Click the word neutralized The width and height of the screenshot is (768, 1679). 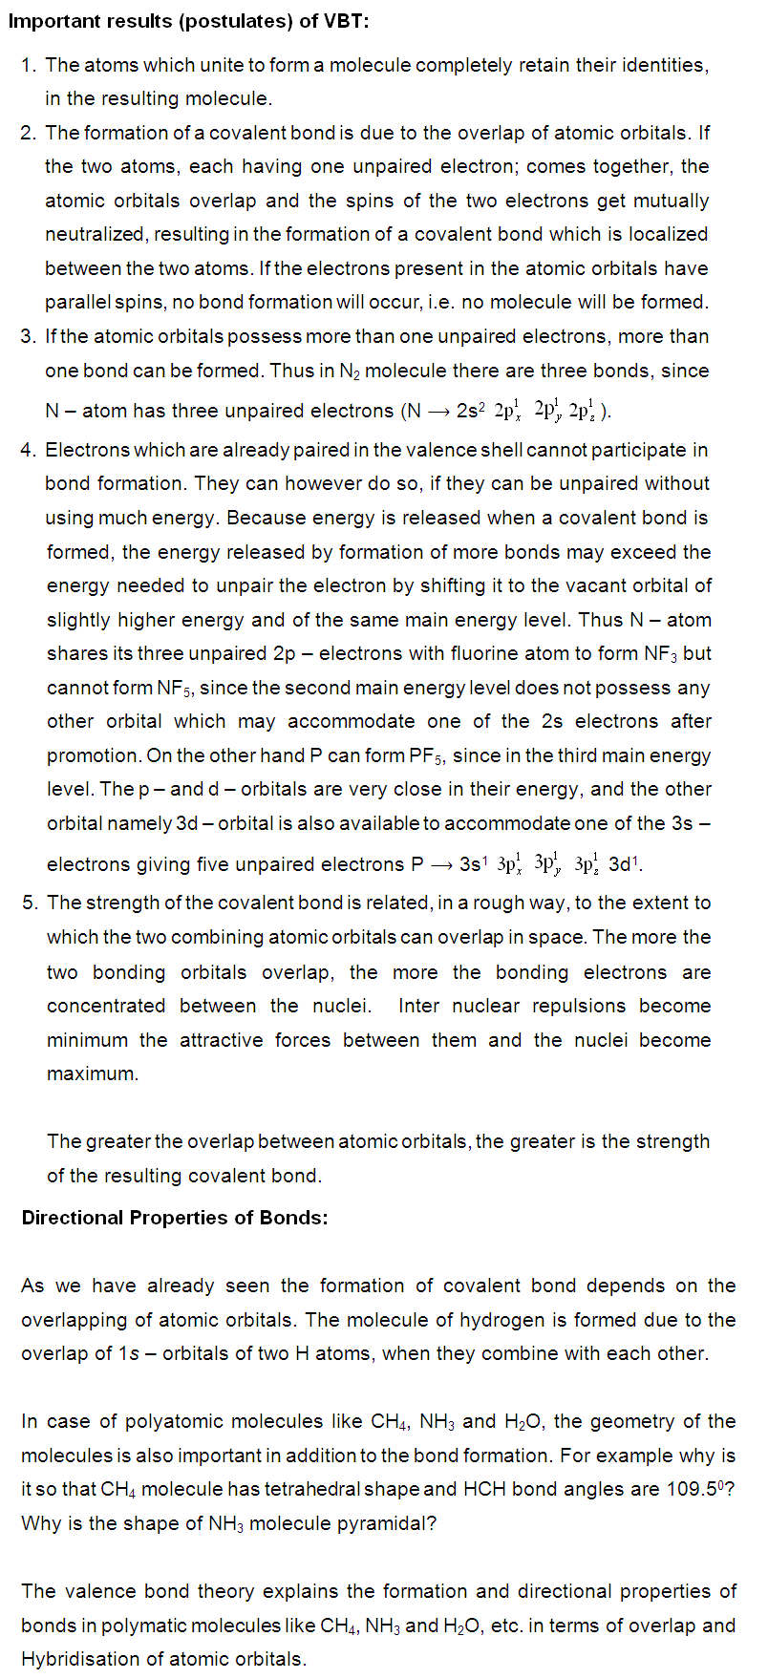pos(94,234)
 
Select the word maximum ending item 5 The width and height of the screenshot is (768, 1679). pos(93,1073)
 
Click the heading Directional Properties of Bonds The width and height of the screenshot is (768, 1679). pos(175,1218)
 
